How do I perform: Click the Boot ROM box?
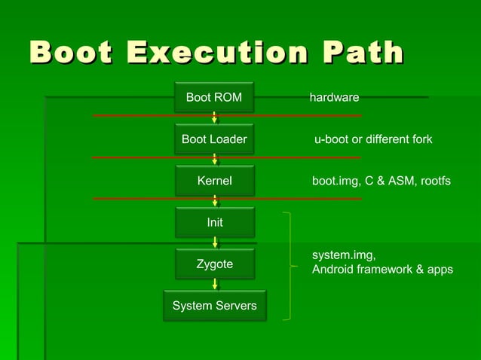[214, 97]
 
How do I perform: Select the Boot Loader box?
[214, 139]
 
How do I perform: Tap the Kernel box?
[214, 181]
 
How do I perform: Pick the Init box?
[214, 223]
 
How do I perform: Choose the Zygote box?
[214, 264]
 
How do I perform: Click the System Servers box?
[214, 306]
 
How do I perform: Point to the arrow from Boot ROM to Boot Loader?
[215, 117]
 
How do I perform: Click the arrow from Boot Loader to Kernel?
[215, 160]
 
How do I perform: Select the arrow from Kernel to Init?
[215, 201]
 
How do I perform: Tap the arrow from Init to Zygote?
[215, 243]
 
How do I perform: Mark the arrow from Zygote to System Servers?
[215, 284]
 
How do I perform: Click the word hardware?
[334, 98]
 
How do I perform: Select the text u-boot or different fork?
[373, 139]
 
